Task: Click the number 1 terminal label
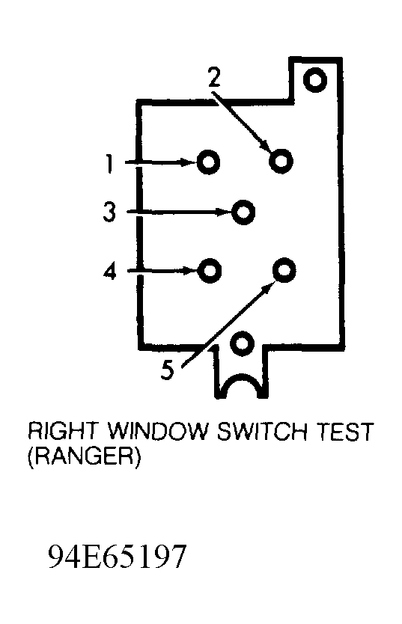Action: [x=109, y=164]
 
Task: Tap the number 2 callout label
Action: [x=214, y=77]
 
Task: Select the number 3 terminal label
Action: [x=109, y=212]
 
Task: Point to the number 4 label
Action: [x=109, y=271]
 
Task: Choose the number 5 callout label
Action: [x=168, y=370]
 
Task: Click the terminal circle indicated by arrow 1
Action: [x=208, y=162]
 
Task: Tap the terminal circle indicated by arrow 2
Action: [x=281, y=160]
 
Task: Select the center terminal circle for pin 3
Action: [x=243, y=212]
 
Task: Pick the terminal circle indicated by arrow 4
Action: [x=210, y=271]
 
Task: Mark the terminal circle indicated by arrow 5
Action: [x=284, y=269]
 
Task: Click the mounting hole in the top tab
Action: [x=315, y=79]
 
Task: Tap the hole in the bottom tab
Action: [x=242, y=342]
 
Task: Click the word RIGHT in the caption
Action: [x=62, y=431]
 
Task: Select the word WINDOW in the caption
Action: [x=158, y=431]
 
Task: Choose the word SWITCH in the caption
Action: [x=263, y=431]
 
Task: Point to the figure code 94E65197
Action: [x=117, y=557]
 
